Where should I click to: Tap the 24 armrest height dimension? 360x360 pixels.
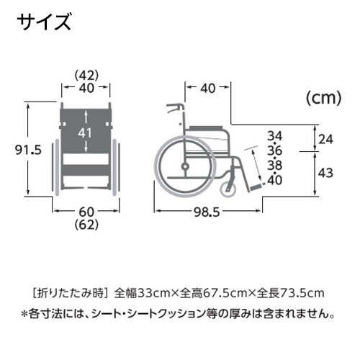pos(326,139)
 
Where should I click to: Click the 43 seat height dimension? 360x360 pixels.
pos(326,172)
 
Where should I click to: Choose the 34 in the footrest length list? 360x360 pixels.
pos(275,136)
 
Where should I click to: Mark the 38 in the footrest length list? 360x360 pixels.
pos(275,165)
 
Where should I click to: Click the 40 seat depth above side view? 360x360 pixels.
pos(207,89)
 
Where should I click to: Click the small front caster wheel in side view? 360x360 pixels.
pos(230,191)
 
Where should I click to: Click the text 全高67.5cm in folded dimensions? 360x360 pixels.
pos(220,292)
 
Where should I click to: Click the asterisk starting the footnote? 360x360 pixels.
pos(24,312)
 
